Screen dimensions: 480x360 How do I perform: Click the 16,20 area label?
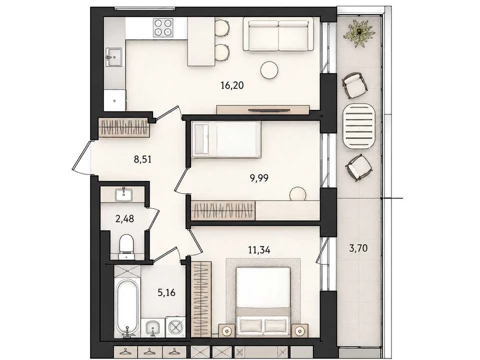coord(232,85)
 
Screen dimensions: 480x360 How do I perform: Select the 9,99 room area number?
coord(259,178)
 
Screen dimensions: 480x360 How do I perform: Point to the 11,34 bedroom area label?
coord(259,250)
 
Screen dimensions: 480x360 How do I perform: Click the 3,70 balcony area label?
coord(358,247)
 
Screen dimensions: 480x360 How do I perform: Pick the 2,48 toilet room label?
coord(124,219)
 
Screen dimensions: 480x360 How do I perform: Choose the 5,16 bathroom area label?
coord(166,292)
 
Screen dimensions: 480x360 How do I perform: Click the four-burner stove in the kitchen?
coord(163,28)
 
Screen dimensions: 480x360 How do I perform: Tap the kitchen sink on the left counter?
coord(114,57)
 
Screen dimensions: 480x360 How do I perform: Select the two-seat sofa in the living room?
coord(278,34)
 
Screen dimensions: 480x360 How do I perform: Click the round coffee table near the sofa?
coord(269,70)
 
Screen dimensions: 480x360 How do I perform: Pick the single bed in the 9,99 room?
coord(226,139)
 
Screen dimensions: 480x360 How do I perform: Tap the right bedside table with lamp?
coord(299,330)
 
